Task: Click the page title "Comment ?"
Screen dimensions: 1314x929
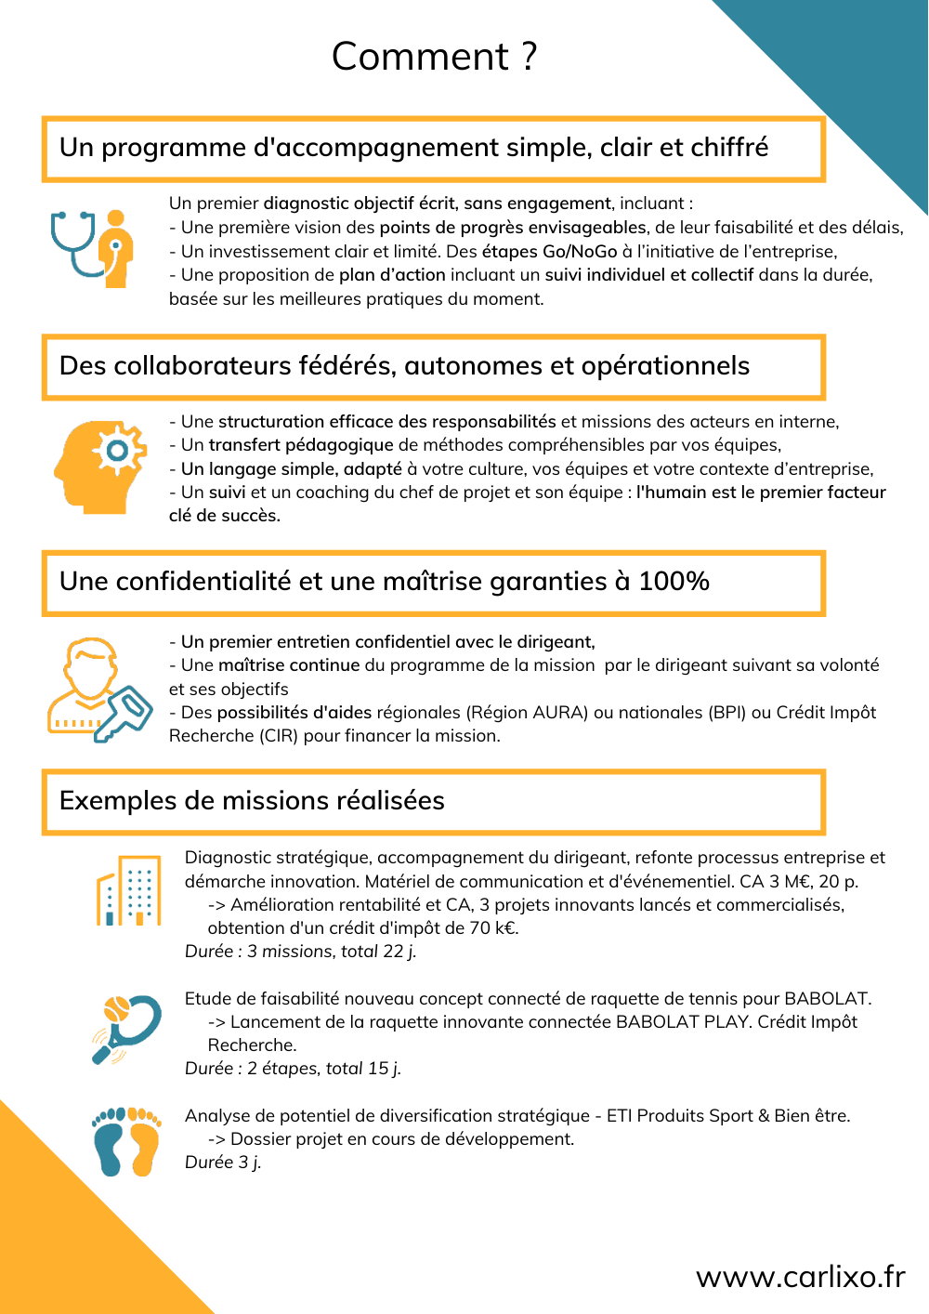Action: pyautogui.click(x=435, y=57)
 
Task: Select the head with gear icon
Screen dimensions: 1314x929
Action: pyautogui.click(x=100, y=467)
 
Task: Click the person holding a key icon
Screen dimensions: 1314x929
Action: pyautogui.click(x=98, y=690)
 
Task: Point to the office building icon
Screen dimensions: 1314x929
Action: pyautogui.click(x=129, y=891)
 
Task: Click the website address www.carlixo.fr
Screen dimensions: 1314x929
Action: pyautogui.click(x=800, y=1277)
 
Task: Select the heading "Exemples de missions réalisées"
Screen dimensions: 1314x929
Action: pyautogui.click(x=252, y=801)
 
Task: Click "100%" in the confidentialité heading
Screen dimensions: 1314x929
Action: pyautogui.click(x=674, y=582)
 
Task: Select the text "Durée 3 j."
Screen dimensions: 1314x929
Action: pyautogui.click(x=223, y=1163)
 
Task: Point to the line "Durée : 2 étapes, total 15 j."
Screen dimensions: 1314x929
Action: pyautogui.click(x=293, y=1069)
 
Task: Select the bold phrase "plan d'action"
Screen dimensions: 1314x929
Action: pyautogui.click(x=392, y=275)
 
